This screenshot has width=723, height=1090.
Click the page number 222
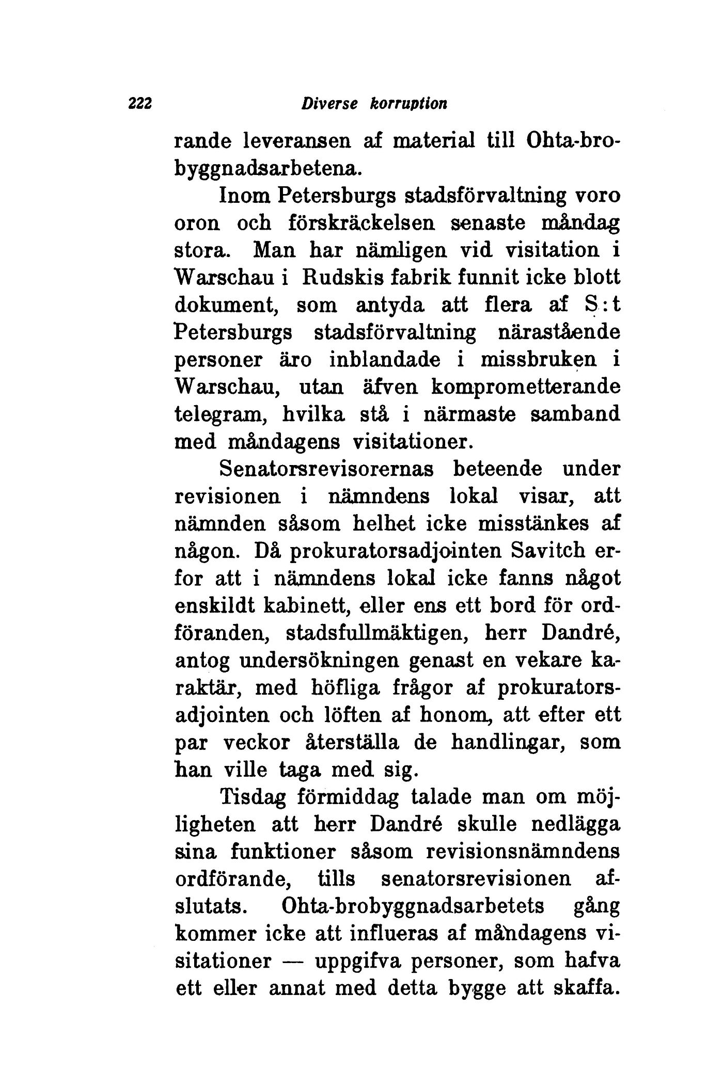(139, 104)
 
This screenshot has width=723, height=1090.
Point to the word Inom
(245, 196)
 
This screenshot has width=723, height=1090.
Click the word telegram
(225, 414)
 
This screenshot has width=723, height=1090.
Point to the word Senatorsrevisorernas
(326, 469)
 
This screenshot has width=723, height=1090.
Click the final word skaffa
(585, 988)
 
